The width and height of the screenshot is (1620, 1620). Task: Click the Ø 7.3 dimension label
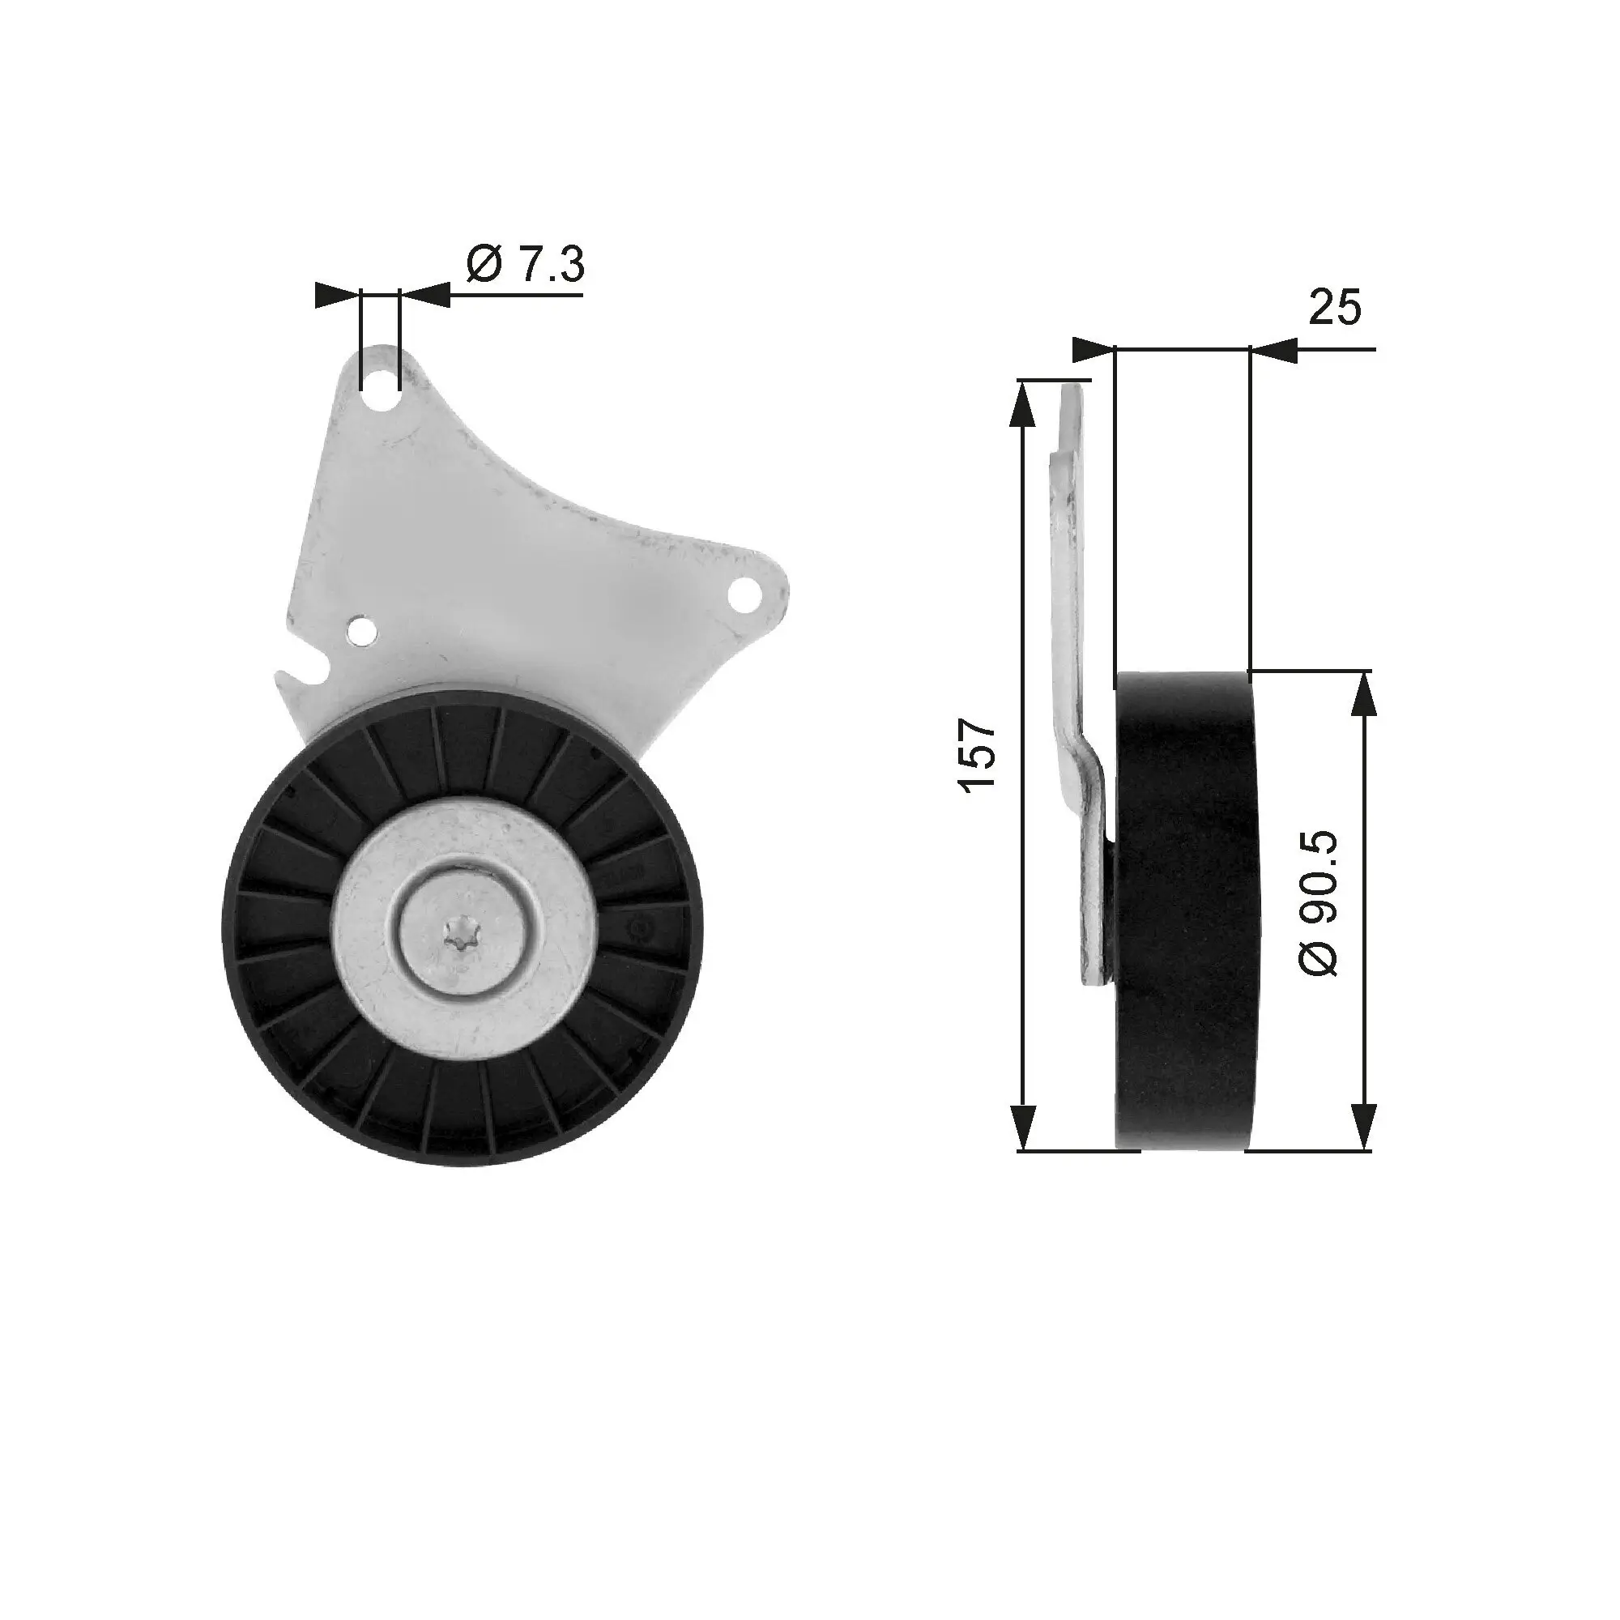525,265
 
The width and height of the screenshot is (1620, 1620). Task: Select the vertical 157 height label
978,753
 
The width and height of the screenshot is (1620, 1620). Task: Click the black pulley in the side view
1183,910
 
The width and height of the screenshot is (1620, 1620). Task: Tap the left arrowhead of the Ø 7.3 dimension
337,294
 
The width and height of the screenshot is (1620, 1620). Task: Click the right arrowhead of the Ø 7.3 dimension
424,294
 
